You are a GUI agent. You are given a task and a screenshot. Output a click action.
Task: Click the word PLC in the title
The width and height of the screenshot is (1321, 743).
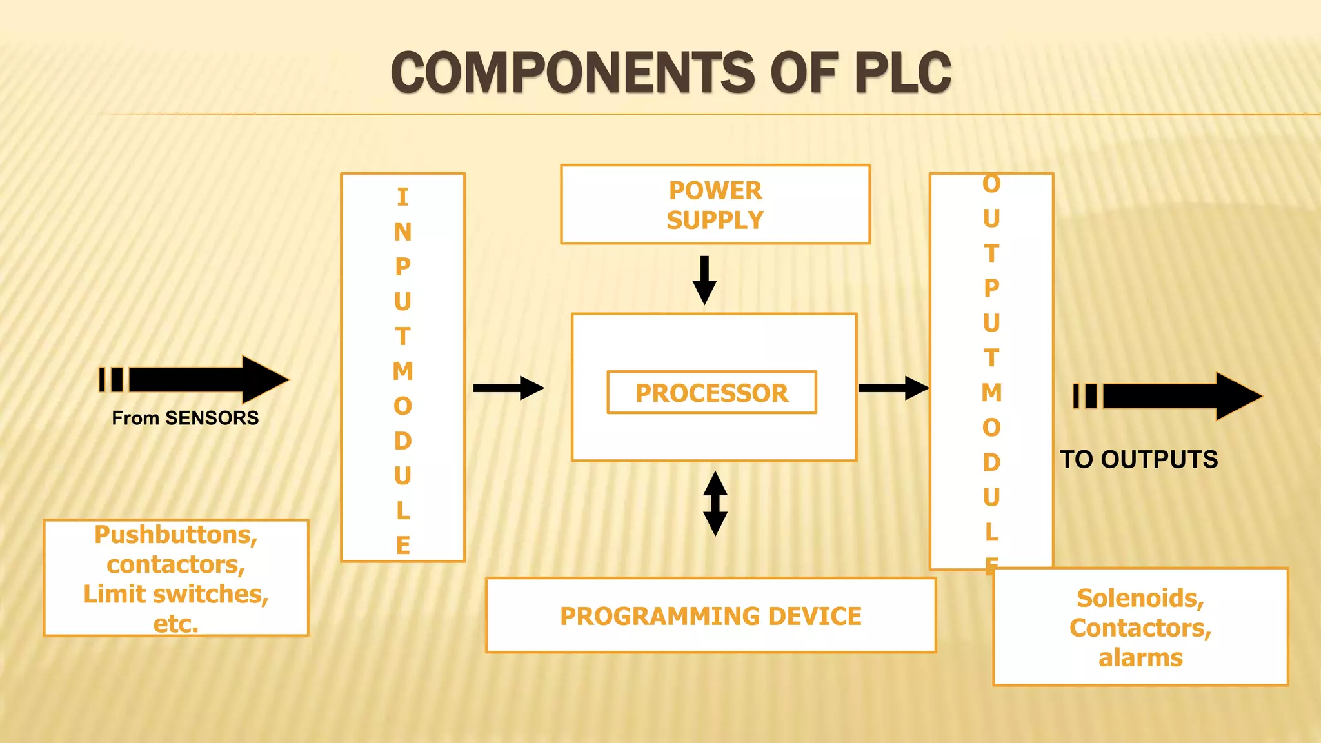click(x=902, y=72)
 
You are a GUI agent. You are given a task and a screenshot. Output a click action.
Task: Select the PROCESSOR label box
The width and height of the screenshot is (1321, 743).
click(x=711, y=392)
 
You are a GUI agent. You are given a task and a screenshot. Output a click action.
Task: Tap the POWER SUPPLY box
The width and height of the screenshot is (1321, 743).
click(x=715, y=204)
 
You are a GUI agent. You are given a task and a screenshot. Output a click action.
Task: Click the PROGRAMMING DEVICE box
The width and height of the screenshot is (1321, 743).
click(x=710, y=615)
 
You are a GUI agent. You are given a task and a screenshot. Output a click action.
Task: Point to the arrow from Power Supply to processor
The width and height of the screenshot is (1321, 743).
click(x=704, y=280)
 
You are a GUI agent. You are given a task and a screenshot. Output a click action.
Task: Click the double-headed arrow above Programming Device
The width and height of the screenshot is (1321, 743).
click(x=715, y=504)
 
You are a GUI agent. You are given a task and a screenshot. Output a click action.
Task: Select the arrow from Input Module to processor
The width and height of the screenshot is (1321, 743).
click(x=508, y=388)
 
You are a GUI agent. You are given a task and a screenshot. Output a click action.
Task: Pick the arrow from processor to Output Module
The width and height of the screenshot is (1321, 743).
click(x=893, y=388)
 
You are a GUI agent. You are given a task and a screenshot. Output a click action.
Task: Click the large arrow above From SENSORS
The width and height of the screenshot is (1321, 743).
click(x=194, y=380)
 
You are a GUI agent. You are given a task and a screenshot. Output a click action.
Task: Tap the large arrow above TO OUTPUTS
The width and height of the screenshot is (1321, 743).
click(x=1167, y=396)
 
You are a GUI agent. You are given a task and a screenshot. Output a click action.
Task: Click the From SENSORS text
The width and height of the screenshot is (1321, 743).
click(x=185, y=418)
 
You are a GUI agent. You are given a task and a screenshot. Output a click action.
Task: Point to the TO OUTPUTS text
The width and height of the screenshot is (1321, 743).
click(x=1139, y=459)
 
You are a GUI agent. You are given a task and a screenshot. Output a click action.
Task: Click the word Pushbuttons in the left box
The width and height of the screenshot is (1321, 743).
click(x=175, y=535)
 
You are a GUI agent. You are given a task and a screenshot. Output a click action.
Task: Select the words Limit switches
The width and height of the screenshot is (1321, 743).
click(x=175, y=594)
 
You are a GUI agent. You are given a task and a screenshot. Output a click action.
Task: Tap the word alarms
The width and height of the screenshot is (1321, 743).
click(x=1140, y=657)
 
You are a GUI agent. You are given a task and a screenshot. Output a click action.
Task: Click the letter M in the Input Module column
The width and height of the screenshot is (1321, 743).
click(x=403, y=371)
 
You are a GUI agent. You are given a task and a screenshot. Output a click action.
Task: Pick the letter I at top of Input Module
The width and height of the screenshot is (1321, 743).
click(x=403, y=197)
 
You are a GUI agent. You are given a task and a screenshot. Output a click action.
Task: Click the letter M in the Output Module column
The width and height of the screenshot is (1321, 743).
click(x=991, y=392)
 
